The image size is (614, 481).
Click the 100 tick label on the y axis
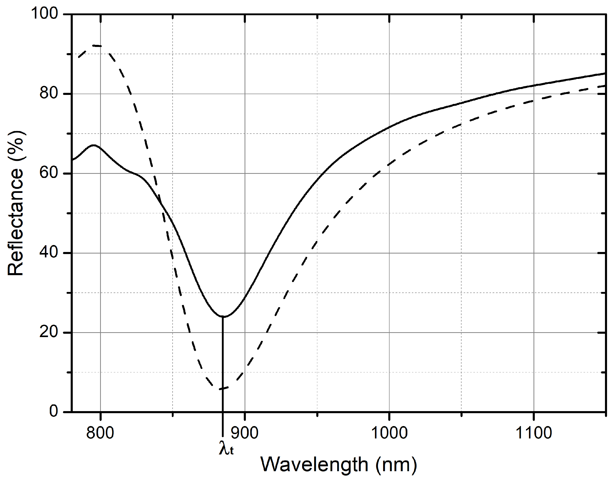click(44, 13)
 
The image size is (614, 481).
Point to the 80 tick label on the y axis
click(49, 93)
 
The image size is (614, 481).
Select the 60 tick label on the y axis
click(49, 173)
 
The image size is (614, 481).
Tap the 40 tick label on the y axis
click(49, 252)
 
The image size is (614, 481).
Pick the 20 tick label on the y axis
click(49, 332)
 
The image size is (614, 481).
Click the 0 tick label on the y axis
click(53, 411)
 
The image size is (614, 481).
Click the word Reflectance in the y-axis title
click(15, 223)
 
